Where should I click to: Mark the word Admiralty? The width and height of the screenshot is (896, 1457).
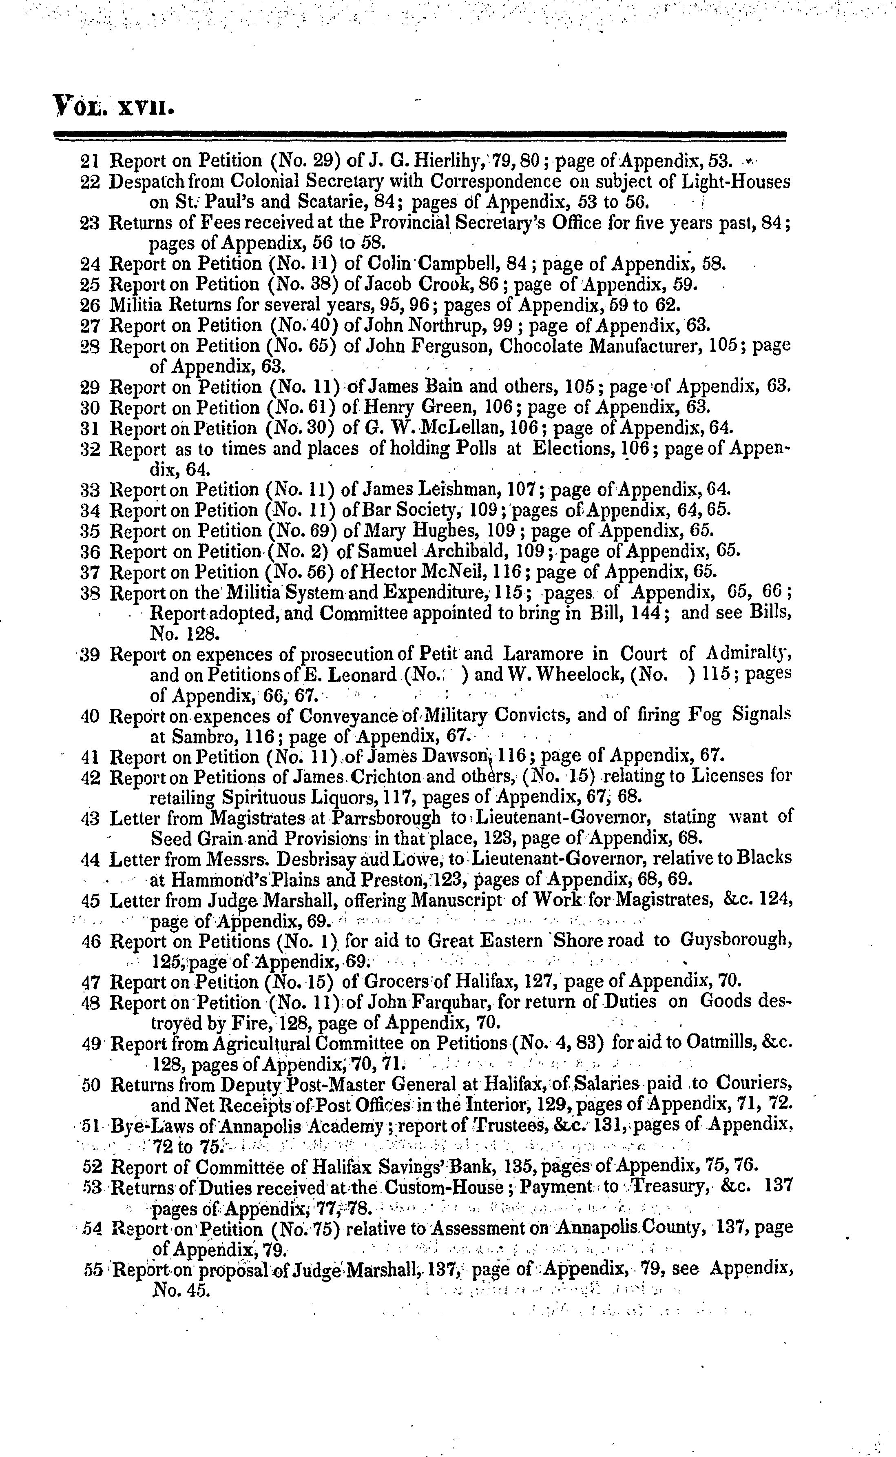tap(749, 654)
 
